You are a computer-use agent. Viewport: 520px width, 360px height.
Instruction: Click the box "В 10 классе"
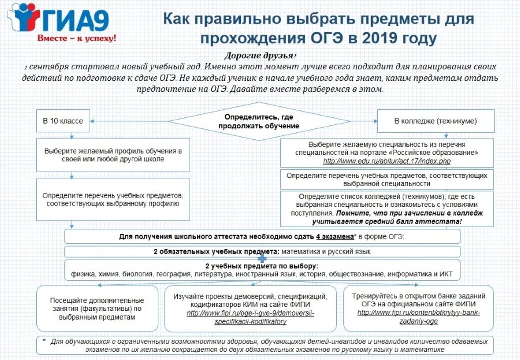tap(63, 121)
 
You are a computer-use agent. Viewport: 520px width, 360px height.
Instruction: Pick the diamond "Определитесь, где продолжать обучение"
tap(258, 121)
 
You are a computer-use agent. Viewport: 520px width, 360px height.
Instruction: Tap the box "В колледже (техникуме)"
tap(435, 121)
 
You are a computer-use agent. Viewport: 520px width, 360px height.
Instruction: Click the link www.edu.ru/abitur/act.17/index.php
tap(387, 161)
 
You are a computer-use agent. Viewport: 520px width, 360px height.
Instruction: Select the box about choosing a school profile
tap(113, 155)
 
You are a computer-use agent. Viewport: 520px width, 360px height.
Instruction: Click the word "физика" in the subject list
tap(83, 274)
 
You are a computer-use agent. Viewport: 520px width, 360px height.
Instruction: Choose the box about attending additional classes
tap(96, 309)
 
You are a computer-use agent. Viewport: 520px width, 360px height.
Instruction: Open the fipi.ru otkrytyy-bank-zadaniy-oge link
tap(418, 317)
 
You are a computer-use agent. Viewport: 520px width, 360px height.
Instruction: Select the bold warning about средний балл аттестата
tap(387, 217)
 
